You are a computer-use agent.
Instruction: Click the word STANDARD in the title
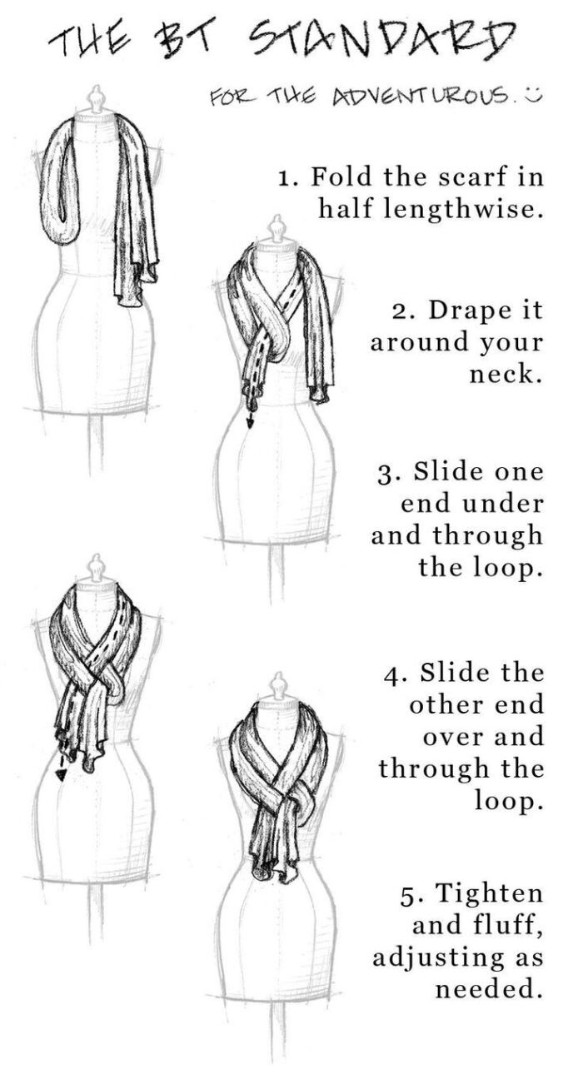(383, 38)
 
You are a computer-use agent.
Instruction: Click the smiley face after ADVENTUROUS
(533, 95)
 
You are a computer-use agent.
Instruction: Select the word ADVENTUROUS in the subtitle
(421, 97)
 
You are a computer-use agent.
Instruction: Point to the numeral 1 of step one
(286, 178)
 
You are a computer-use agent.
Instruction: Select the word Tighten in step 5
(490, 894)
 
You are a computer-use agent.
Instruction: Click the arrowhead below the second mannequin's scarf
(249, 422)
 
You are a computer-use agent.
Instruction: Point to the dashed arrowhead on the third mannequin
(61, 775)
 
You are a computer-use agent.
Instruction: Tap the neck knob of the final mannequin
(277, 687)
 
